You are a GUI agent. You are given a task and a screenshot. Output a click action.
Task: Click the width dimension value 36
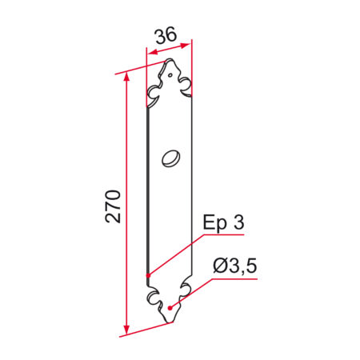click(x=166, y=35)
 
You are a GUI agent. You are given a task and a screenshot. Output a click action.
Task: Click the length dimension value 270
click(x=113, y=206)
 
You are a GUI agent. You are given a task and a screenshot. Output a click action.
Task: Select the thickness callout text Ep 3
click(x=223, y=223)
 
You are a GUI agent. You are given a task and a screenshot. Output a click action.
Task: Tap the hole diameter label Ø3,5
click(x=235, y=266)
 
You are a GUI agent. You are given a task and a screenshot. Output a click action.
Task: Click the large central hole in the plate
click(x=171, y=158)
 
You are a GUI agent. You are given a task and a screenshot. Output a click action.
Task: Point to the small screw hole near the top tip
click(x=170, y=75)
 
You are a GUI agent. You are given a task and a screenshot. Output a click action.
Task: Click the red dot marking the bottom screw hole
click(x=170, y=308)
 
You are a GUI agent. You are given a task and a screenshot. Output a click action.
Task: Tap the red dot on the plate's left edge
click(x=148, y=275)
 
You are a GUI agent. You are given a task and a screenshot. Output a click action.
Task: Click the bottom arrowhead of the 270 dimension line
click(x=127, y=330)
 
